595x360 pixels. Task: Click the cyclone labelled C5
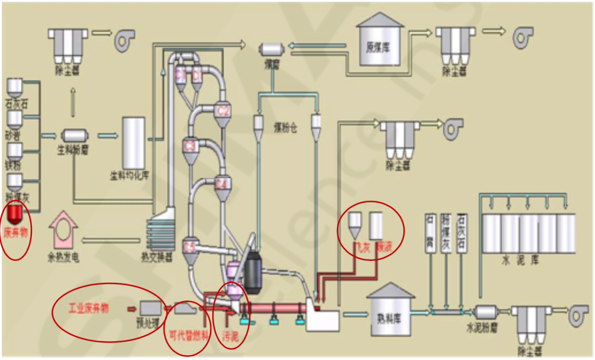pos(190,249)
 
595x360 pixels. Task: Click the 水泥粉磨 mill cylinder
pos(485,313)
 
